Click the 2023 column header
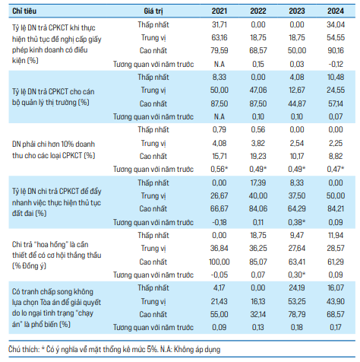(297, 11)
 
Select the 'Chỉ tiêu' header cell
(24, 11)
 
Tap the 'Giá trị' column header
(153, 11)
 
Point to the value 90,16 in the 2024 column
(336, 50)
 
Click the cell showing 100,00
(219, 262)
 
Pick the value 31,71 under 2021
(219, 24)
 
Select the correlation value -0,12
(336, 64)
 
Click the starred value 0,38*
(297, 222)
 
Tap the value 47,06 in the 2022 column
(258, 90)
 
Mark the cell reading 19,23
(258, 156)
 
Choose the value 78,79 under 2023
(297, 314)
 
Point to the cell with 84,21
(336, 208)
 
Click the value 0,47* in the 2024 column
(336, 169)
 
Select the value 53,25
(297, 301)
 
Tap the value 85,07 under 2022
(258, 262)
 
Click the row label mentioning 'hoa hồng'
(56, 255)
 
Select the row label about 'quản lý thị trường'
(53, 97)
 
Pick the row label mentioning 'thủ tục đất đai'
(56, 202)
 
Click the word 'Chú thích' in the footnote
(24, 349)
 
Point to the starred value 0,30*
(297, 275)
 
